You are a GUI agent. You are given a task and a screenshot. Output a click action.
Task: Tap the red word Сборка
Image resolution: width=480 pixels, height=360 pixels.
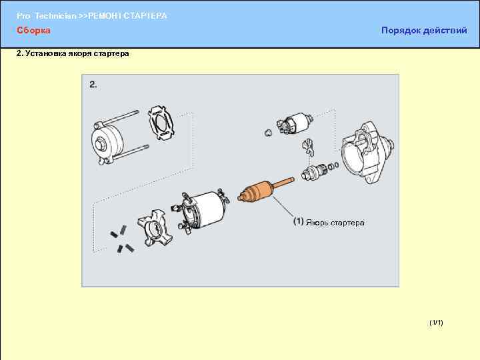tap(33, 30)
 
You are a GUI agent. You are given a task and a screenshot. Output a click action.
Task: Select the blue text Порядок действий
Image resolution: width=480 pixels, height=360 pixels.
tap(424, 30)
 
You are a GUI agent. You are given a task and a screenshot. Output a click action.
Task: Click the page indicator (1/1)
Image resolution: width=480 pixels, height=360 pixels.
tap(436, 323)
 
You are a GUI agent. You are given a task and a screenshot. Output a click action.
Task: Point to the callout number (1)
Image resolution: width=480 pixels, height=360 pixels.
tap(299, 221)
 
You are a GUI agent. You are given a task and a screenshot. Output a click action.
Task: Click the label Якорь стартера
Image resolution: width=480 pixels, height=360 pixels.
tap(335, 223)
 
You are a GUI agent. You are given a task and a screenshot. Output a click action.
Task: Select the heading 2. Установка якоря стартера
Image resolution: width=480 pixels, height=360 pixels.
tap(73, 53)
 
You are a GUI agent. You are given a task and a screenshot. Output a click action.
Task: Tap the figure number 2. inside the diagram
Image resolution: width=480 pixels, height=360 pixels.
tap(93, 85)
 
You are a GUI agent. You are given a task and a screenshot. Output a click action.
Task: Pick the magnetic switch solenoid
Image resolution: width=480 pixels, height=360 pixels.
tap(293, 123)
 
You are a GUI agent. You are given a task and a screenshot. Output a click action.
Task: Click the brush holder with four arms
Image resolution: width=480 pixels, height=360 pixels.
tap(155, 229)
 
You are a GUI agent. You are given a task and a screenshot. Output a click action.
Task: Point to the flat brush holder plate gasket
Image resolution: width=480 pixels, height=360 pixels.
tap(161, 123)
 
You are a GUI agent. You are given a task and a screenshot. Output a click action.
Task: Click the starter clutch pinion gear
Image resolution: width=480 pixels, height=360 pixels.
tap(315, 172)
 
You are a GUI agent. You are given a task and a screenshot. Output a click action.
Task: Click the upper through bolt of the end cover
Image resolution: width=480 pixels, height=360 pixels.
tap(119, 117)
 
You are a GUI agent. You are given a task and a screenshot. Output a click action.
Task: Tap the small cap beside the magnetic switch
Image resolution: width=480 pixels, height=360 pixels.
tap(268, 132)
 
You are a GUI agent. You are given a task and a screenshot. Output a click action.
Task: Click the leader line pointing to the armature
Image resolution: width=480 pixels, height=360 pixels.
tap(283, 208)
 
